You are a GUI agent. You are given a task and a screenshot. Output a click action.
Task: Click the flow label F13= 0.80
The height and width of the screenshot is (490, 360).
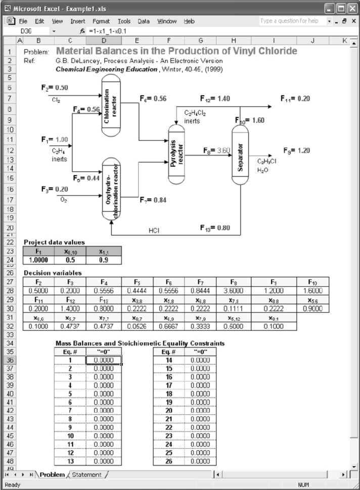[x=215, y=227]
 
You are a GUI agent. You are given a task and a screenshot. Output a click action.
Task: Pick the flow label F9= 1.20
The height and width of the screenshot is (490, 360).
[x=296, y=150]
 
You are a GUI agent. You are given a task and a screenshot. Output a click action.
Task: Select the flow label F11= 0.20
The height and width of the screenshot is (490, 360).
[x=296, y=99]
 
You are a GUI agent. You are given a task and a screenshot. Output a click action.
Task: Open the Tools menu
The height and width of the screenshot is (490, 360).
[x=124, y=21]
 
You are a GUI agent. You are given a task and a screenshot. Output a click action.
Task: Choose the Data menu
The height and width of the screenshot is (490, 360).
[x=144, y=21]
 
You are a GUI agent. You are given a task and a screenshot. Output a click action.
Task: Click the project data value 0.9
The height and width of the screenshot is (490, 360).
[x=103, y=260]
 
